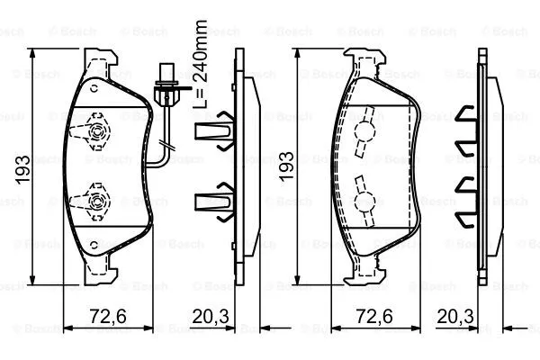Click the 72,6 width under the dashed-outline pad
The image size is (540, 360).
point(375,315)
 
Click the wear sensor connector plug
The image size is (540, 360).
point(166,88)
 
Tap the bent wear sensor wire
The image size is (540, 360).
point(161,144)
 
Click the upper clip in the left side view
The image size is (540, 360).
point(213,133)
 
